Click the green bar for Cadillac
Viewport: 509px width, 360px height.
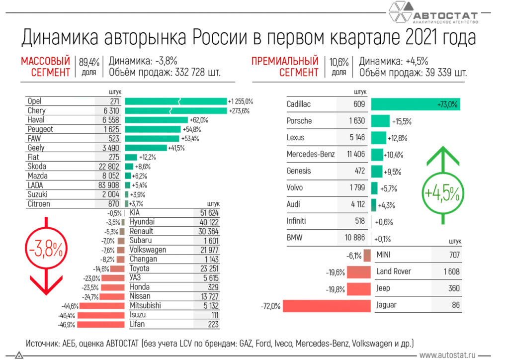click(x=415, y=104)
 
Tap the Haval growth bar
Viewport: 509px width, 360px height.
click(x=156, y=120)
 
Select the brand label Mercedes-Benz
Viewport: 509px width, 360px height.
click(x=311, y=154)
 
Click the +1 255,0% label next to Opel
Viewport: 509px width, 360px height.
click(x=241, y=101)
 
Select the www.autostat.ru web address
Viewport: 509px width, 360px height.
click(x=447, y=355)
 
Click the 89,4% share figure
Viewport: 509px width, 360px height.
click(x=89, y=63)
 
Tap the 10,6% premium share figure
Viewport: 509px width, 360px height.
click(x=339, y=63)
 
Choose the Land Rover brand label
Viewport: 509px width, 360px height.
click(x=394, y=271)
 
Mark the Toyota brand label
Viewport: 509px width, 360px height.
click(x=140, y=269)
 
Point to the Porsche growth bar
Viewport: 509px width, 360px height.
click(x=380, y=121)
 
